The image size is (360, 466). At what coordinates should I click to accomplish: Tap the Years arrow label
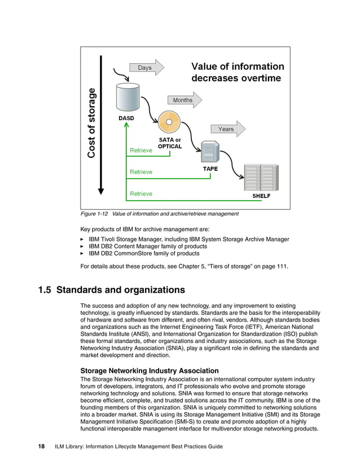[x=227, y=129]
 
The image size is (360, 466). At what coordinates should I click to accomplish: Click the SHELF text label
[x=261, y=196]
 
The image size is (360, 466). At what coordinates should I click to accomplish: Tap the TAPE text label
[x=210, y=169]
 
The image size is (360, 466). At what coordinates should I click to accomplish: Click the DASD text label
[x=126, y=118]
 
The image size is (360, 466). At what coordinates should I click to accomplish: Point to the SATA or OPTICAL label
[x=169, y=143]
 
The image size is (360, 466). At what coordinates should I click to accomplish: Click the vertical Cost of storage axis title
[x=91, y=122]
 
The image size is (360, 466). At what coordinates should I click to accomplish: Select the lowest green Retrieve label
[x=141, y=194]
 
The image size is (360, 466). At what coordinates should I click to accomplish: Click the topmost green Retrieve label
[x=141, y=151]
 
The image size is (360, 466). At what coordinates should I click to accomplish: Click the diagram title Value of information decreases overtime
[x=237, y=72]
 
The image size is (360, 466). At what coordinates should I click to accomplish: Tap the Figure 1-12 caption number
[x=95, y=214]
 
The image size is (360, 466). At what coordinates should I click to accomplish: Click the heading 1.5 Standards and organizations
[x=111, y=291]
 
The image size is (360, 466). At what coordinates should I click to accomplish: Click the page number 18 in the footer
[x=41, y=447]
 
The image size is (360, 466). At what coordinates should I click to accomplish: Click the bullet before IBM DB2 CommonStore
[x=84, y=254]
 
